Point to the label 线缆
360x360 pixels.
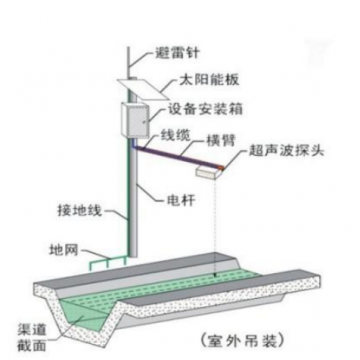tap(176, 135)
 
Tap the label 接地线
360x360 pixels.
tap(79, 213)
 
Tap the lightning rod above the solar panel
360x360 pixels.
tap(128, 50)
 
